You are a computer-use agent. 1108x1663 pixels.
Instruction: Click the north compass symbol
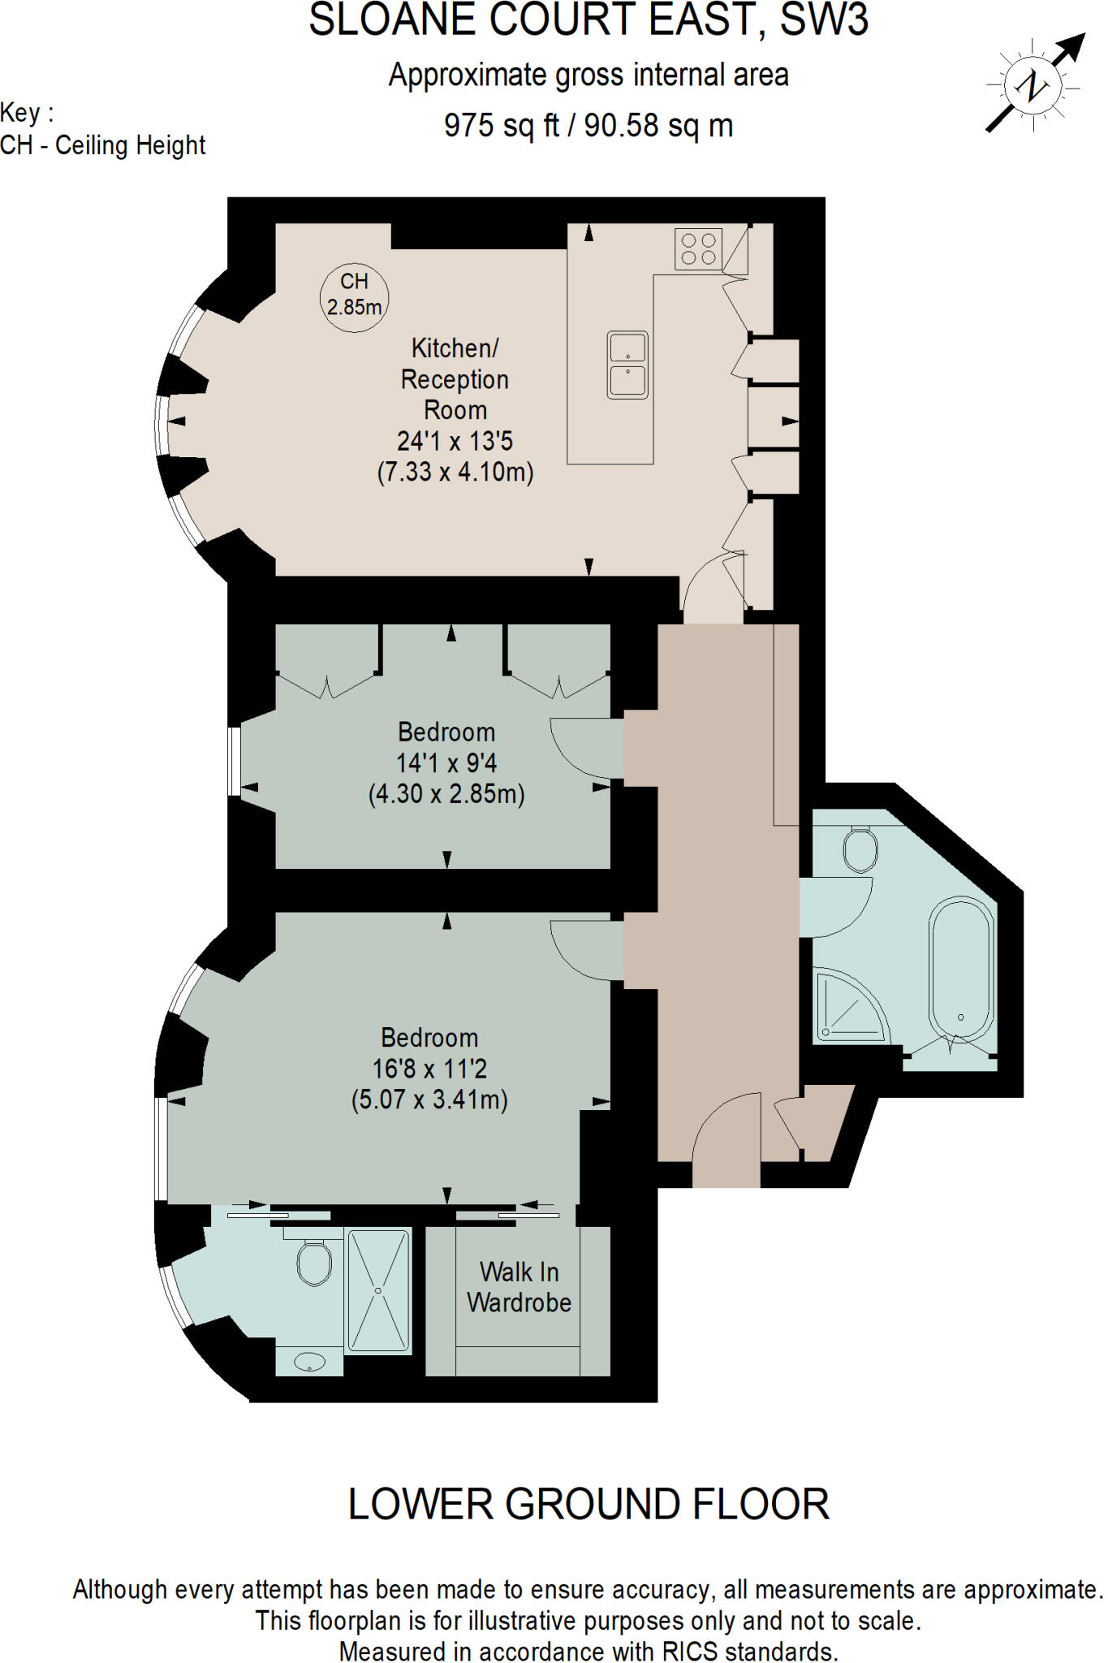coord(1033,84)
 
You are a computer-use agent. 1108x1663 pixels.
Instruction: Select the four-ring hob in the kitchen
coord(698,248)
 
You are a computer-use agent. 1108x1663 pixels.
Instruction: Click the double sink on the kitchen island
coord(627,365)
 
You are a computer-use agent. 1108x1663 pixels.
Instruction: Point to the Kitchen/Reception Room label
coord(455,379)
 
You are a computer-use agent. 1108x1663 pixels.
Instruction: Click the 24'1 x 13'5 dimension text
coord(455,441)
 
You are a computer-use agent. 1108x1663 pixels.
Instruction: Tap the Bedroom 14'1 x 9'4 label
coord(446,747)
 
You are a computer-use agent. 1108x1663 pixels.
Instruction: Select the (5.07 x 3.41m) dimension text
coord(429,1100)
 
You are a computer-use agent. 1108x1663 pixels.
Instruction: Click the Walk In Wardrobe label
coord(519,1287)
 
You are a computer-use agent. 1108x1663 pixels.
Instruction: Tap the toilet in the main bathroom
coord(860,849)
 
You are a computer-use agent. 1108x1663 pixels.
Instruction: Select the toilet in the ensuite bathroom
coord(314,1263)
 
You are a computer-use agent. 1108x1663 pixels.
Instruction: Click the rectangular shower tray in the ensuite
coord(379,1289)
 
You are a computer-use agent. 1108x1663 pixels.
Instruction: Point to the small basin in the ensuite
coord(309,1362)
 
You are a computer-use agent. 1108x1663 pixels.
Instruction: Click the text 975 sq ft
coord(501,125)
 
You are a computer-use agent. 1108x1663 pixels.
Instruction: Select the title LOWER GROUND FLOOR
coord(588,1505)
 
